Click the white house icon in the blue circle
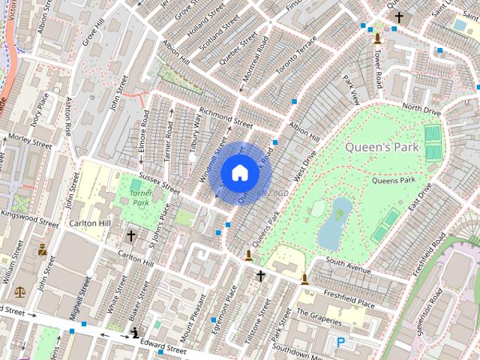(x=239, y=172)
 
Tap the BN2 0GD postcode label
(x=272, y=193)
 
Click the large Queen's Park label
(x=382, y=147)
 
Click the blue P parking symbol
(x=341, y=343)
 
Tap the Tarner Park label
(x=140, y=198)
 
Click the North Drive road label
(x=421, y=109)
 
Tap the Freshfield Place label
(x=349, y=298)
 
